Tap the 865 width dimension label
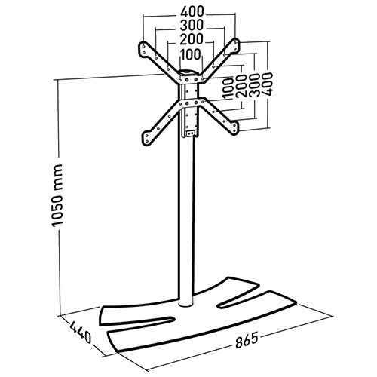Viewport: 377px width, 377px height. coord(247,340)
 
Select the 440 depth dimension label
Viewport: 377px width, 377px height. coord(80,332)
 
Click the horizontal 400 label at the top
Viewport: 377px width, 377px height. coord(192,11)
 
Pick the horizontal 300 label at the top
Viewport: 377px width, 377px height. coord(192,25)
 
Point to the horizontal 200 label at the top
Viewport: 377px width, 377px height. coord(192,39)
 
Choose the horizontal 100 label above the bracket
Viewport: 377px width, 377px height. coord(191,54)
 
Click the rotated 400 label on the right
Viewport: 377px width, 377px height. coord(267,84)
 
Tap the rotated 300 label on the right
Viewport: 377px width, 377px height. coord(253,85)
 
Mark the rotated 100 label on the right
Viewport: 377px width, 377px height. coord(228,88)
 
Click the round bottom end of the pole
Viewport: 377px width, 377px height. coord(186,305)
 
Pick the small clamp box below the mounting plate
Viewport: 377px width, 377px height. coord(191,133)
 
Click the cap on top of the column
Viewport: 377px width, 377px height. coord(189,72)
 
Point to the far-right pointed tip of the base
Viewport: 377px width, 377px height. coord(296,302)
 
